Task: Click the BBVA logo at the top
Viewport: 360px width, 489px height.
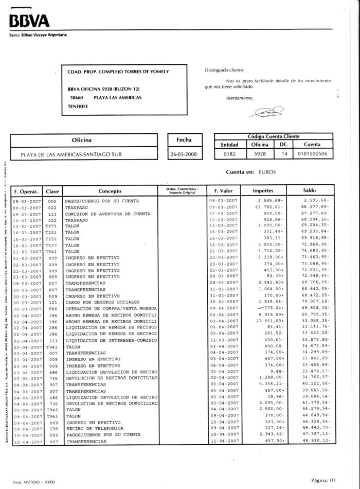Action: point(29,21)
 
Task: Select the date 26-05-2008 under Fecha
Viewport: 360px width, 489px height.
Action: point(184,154)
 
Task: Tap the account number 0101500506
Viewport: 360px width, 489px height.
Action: point(312,154)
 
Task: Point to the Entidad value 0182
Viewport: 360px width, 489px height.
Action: point(229,154)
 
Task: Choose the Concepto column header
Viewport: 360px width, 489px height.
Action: point(110,190)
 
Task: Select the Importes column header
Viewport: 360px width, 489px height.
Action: point(263,190)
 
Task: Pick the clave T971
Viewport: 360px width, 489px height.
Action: point(52,225)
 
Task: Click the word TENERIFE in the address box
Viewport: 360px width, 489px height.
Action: point(78,107)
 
